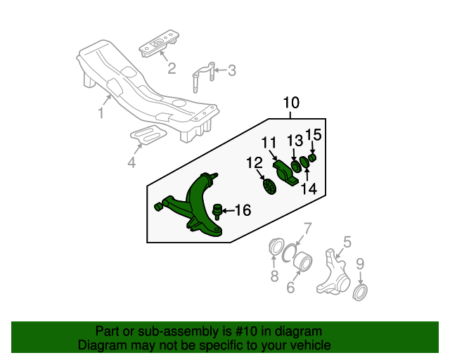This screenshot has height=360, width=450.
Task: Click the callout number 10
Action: pos(291,103)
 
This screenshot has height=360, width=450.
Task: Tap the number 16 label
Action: pos(243,210)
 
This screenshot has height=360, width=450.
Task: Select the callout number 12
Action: pos(255,163)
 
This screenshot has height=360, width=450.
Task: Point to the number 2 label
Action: pos(172,69)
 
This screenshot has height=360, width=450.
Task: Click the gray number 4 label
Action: pos(131,162)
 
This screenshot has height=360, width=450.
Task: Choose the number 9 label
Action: pos(360,264)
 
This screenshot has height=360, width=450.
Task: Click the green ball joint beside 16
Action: pos(217,212)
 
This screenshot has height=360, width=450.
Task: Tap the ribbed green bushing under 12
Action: pos(269,186)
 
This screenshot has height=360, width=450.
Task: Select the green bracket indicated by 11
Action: pos(285,173)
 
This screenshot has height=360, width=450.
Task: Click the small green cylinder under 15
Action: pos(312,157)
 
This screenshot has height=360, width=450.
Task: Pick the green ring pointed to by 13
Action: pos(295,167)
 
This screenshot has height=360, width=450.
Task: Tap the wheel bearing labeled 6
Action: pos(304,262)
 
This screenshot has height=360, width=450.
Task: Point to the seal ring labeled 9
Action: pos(360,292)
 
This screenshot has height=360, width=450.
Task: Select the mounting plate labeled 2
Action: pos(159,43)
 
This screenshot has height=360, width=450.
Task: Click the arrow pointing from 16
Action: pos(228,211)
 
